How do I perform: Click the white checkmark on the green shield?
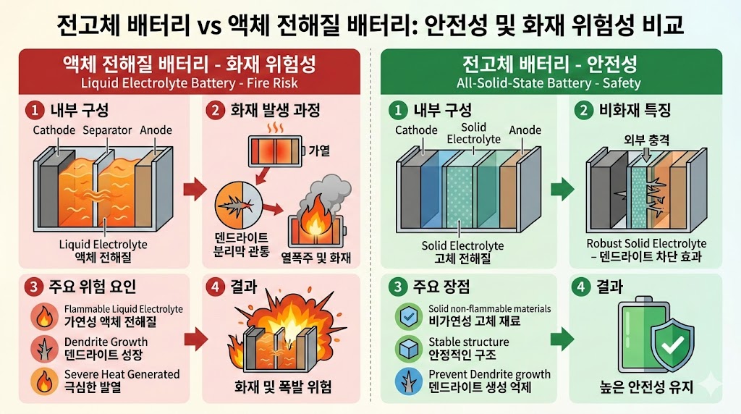click(x=672, y=346)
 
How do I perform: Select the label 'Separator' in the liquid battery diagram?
click(x=107, y=130)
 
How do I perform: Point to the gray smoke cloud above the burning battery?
click(x=321, y=195)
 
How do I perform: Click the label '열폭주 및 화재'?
click(x=316, y=255)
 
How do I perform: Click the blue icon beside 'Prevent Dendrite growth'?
click(x=407, y=381)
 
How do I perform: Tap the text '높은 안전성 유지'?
click(x=646, y=388)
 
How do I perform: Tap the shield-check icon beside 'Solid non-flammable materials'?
click(x=407, y=316)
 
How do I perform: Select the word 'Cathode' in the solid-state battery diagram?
click(x=416, y=130)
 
